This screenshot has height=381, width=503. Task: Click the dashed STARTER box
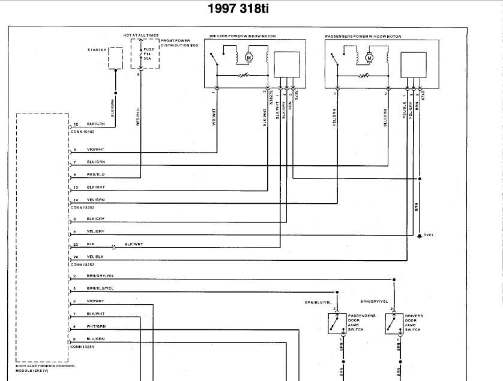(115, 58)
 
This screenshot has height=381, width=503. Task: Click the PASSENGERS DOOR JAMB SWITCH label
(361, 323)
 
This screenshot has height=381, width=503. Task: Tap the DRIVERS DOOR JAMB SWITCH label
(414, 323)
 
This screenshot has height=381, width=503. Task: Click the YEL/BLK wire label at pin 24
(95, 257)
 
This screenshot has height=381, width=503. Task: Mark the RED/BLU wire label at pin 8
(95, 174)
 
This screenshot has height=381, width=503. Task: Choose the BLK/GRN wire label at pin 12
(95, 124)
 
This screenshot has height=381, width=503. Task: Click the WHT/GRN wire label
(95, 327)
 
